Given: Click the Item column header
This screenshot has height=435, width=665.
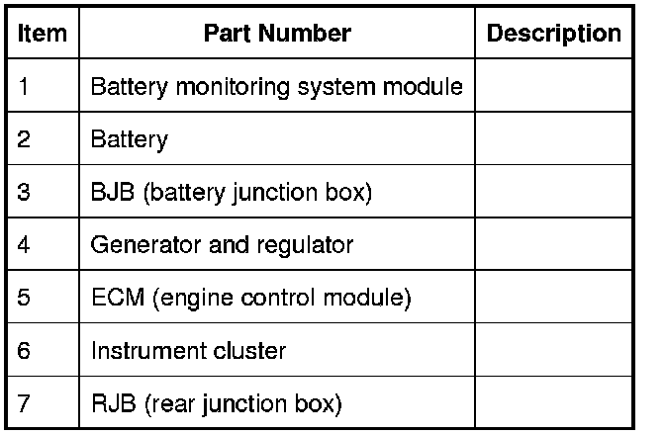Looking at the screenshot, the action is pyautogui.click(x=43, y=34).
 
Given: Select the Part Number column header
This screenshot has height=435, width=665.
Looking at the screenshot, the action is pyautogui.click(x=277, y=34).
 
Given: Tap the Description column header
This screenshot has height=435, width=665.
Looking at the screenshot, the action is pyautogui.click(x=554, y=34).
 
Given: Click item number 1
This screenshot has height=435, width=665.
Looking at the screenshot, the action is pyautogui.click(x=24, y=86).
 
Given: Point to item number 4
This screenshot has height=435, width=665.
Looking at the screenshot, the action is pyautogui.click(x=24, y=244).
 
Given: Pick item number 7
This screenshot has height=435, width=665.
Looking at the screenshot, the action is pyautogui.click(x=24, y=403).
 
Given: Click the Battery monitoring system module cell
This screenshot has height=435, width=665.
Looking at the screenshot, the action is pyautogui.click(x=276, y=86).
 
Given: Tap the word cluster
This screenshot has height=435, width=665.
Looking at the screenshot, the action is pyautogui.click(x=251, y=350).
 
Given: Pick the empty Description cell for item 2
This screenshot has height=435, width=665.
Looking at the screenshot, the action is pyautogui.click(x=554, y=139).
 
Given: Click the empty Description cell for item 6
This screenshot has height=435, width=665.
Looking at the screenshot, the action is pyautogui.click(x=554, y=350).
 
